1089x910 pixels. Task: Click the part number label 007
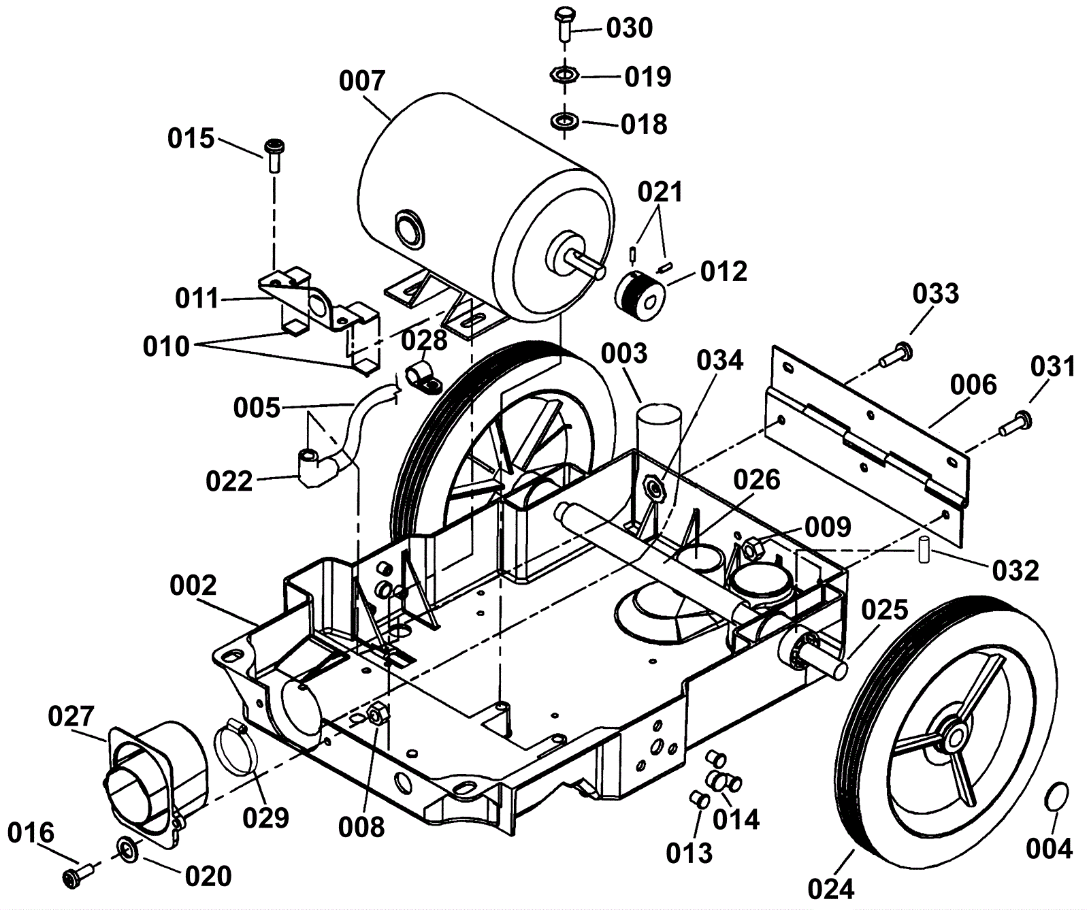tap(362, 82)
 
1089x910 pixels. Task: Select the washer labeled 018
tap(564, 122)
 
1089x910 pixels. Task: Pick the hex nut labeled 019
tap(564, 74)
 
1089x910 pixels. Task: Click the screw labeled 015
tap(274, 155)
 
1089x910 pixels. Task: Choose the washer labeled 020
tap(127, 848)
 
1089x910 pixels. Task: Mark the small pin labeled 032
tap(924, 549)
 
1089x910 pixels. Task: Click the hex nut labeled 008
tap(375, 714)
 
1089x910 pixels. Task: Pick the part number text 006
tap(973, 385)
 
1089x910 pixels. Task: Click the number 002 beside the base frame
tap(193, 585)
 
